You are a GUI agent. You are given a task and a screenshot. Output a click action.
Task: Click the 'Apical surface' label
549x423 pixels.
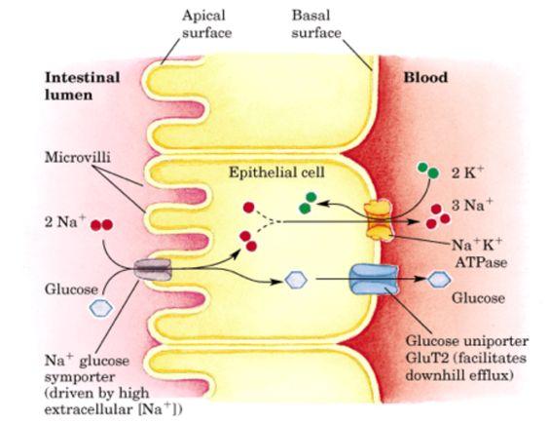coord(206,24)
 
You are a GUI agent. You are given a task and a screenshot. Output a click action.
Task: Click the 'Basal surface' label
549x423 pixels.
coord(316,24)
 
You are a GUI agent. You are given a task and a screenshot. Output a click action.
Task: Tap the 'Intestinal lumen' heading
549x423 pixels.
coord(83,86)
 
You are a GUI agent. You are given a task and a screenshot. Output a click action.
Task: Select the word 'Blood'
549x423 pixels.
coord(425,77)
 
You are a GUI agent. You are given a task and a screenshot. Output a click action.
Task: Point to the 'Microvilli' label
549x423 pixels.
coord(77,157)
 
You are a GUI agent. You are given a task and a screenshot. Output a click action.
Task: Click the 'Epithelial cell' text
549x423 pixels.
coord(276,173)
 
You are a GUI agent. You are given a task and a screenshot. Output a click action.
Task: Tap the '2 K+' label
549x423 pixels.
coord(467,173)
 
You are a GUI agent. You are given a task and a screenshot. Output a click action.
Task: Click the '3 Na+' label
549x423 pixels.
coord(472,205)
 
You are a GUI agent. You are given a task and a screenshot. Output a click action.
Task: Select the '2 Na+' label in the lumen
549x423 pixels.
coord(65,221)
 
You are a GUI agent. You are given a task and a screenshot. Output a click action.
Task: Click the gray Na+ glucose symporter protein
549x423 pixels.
coord(153,269)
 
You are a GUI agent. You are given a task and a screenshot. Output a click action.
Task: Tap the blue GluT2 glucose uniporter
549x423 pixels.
coord(375,280)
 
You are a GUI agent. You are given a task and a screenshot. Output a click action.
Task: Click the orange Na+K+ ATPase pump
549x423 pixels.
coord(378,222)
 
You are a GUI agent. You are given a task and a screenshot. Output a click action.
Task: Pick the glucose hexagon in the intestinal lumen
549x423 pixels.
coord(101,308)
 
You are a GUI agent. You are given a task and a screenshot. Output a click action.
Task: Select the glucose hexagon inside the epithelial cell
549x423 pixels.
coord(296,280)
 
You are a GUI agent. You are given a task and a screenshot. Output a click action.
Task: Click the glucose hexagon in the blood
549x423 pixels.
coord(439,280)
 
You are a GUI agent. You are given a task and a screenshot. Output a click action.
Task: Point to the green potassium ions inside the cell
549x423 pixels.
coord(308,203)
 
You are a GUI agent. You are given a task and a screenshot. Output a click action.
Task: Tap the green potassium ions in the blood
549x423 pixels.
coord(428,170)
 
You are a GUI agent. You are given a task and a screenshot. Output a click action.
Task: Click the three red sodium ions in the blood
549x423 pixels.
coord(438,216)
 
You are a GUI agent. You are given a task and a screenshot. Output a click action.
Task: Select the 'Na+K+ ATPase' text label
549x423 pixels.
coord(478,253)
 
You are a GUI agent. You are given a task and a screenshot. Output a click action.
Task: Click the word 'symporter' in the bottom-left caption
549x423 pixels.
coord(80,377)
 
